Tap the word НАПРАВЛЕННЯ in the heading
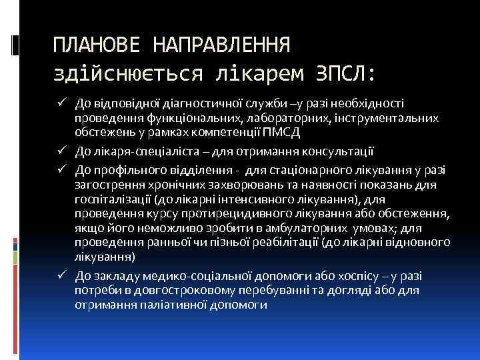point(221,45)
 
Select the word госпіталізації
point(113,199)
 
